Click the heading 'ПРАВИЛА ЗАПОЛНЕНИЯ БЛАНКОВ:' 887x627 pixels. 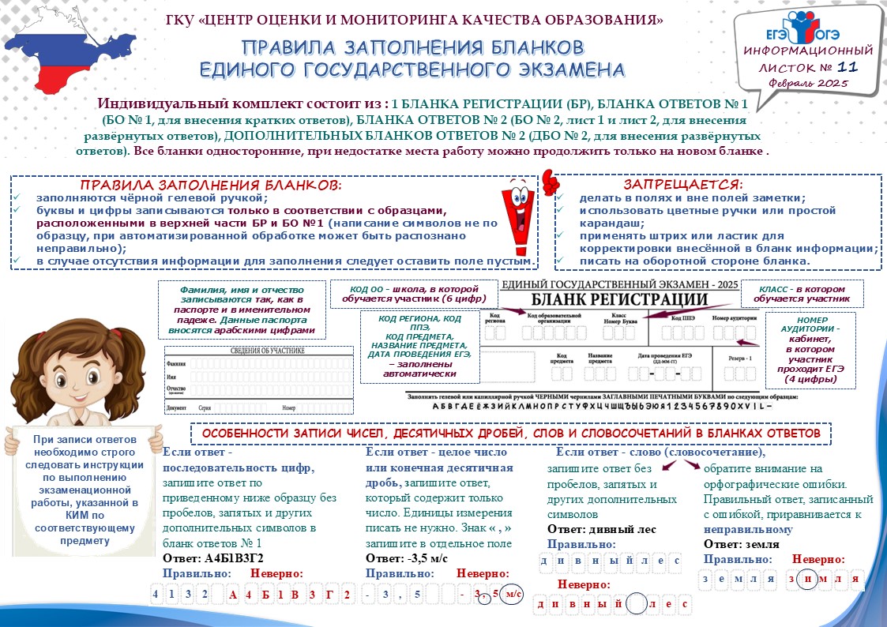point(212,184)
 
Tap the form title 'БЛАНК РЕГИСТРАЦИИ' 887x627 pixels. point(618,299)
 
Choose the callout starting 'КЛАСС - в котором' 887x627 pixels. point(806,294)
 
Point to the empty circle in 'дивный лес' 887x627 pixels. point(638,605)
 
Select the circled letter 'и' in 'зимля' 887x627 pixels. point(807,580)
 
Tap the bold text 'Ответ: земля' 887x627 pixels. point(742,544)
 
